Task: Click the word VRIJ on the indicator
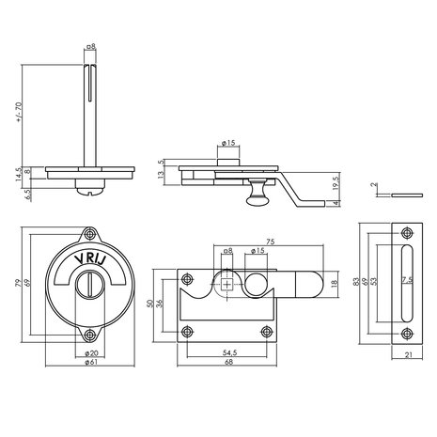pos(90,259)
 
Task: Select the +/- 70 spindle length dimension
pos(19,112)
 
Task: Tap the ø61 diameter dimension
pos(91,362)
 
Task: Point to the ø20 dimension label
pos(91,353)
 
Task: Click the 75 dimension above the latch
pos(271,242)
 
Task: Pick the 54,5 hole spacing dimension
pos(230,352)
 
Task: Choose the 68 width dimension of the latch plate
pos(229,362)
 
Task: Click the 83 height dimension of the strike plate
pos(355,281)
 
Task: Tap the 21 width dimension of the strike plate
pos(409,355)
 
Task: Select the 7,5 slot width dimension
pos(408,281)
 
